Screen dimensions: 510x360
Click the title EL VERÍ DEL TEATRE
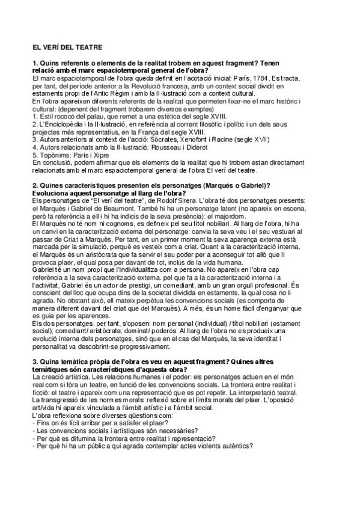coord(67,46)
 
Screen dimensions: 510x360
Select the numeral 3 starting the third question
coord(35,361)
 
